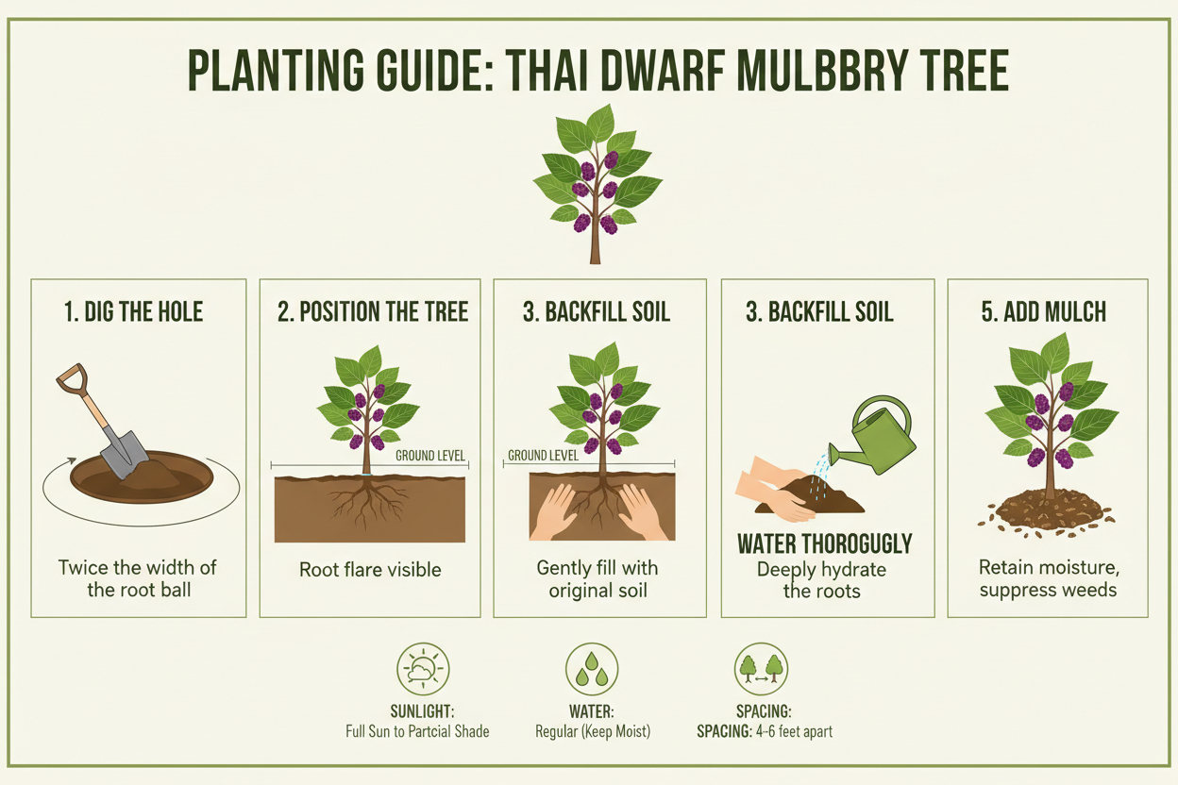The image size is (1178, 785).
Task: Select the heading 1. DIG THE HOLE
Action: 134,312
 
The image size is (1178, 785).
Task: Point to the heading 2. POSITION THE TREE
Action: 373,312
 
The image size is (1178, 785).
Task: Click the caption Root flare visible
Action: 370,569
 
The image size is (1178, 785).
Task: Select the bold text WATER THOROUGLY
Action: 824,544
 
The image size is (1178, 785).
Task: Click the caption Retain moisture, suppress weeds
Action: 1048,578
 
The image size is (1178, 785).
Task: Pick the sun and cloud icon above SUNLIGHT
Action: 423,670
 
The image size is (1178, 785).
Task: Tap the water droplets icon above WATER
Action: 592,670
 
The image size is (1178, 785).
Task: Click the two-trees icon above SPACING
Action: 761,670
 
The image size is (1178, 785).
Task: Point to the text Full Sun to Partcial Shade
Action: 418,731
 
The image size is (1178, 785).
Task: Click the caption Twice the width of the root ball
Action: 138,578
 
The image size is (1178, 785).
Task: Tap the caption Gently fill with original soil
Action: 597,578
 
